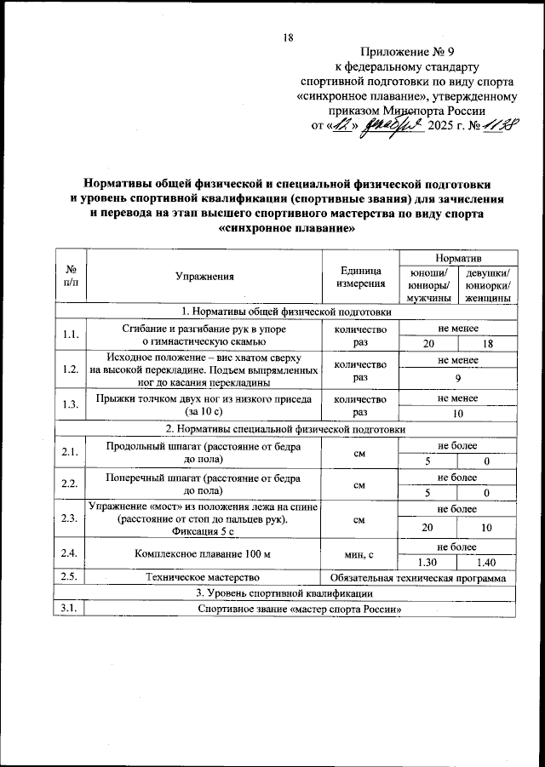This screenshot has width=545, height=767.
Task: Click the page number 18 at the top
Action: [287, 37]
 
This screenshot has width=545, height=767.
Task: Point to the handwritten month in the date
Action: [393, 126]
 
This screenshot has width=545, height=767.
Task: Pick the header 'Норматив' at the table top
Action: [457, 257]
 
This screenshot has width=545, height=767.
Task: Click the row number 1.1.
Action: [71, 335]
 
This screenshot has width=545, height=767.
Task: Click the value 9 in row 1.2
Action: [457, 378]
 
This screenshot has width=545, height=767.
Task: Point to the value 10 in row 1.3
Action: [457, 413]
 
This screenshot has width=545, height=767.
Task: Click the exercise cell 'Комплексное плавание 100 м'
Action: [203, 555]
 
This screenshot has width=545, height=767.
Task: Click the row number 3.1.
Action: [71, 609]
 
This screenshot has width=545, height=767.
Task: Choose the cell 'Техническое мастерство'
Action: [203, 578]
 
